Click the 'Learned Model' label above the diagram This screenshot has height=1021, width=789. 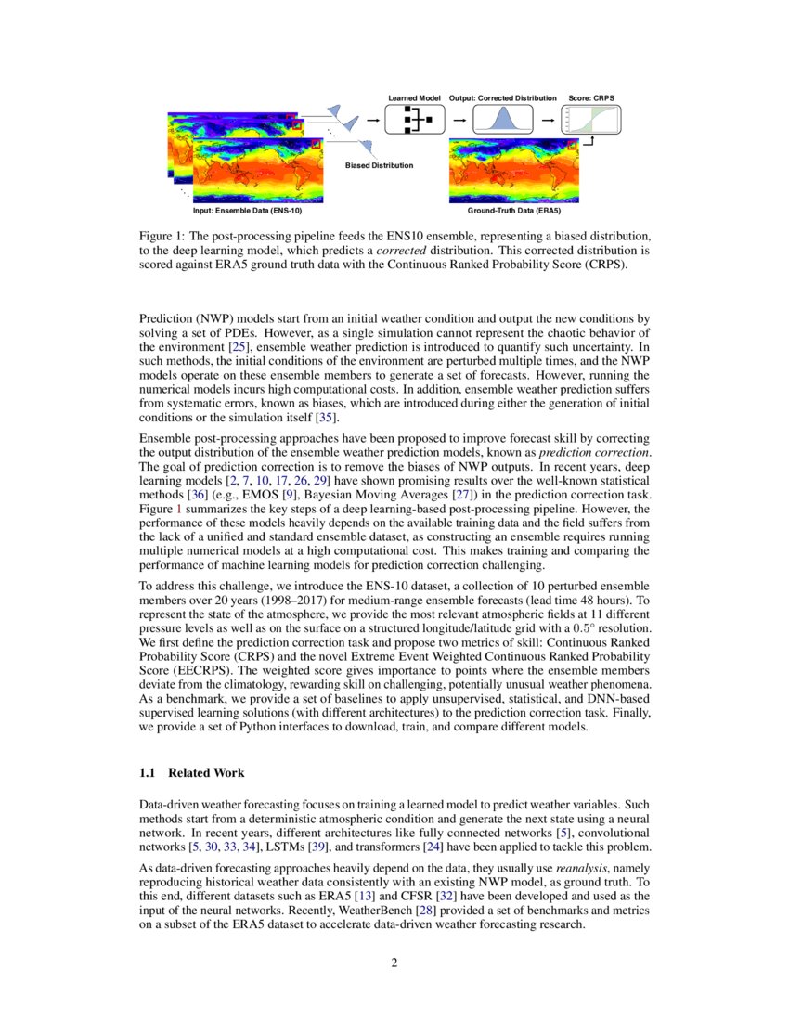click(x=414, y=97)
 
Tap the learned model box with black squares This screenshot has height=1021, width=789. click(x=415, y=120)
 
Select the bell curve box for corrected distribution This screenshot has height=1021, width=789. click(x=502, y=120)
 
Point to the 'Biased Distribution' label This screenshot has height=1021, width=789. click(x=379, y=165)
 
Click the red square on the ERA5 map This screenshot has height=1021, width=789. click(x=573, y=144)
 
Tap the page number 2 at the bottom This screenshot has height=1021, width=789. click(x=394, y=963)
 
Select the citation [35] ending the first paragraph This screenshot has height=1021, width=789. click(x=325, y=417)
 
